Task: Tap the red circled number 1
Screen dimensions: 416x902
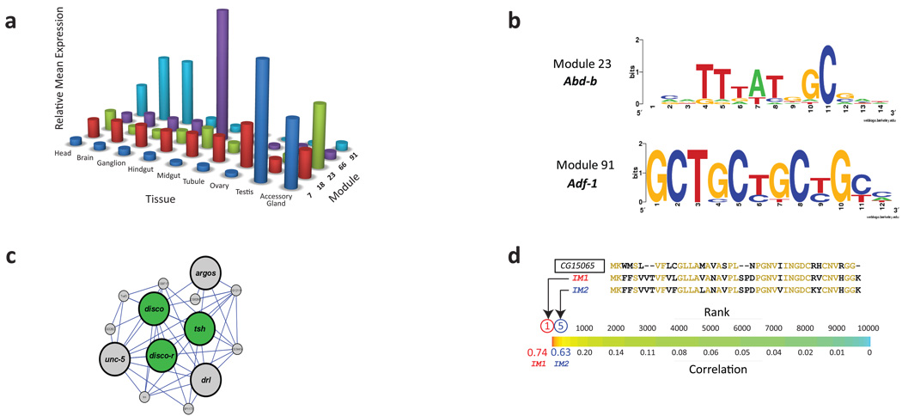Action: (547, 327)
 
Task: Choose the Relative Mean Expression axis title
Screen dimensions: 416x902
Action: (61, 67)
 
